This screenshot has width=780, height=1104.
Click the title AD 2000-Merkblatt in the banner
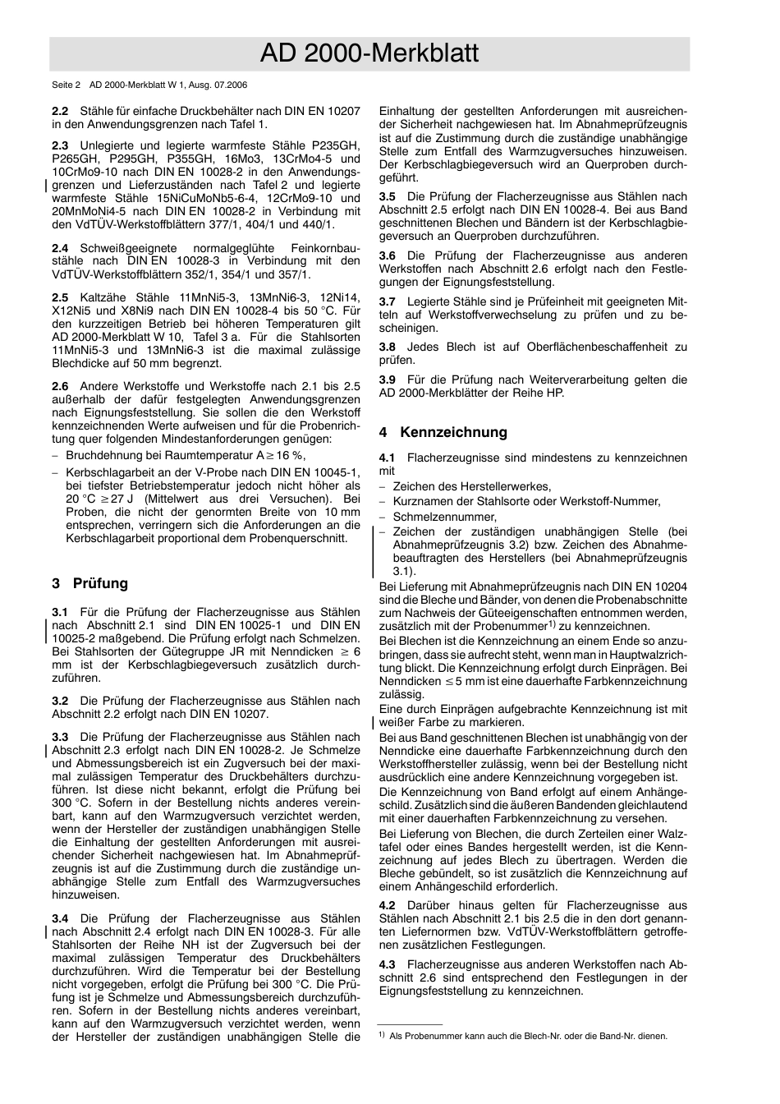369,54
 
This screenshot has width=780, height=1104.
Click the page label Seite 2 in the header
67,85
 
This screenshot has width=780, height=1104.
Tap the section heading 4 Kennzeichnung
443,433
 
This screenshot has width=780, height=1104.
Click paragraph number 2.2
60,111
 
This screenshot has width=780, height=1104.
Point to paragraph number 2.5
60,297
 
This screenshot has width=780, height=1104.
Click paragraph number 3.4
60,919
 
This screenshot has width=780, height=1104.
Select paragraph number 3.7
388,302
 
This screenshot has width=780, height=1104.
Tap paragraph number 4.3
388,965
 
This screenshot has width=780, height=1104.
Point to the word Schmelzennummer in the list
444,517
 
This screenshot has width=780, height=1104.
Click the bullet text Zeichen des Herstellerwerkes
472,487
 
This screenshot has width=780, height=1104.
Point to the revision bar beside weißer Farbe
374,723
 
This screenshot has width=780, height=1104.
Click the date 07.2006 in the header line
231,85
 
